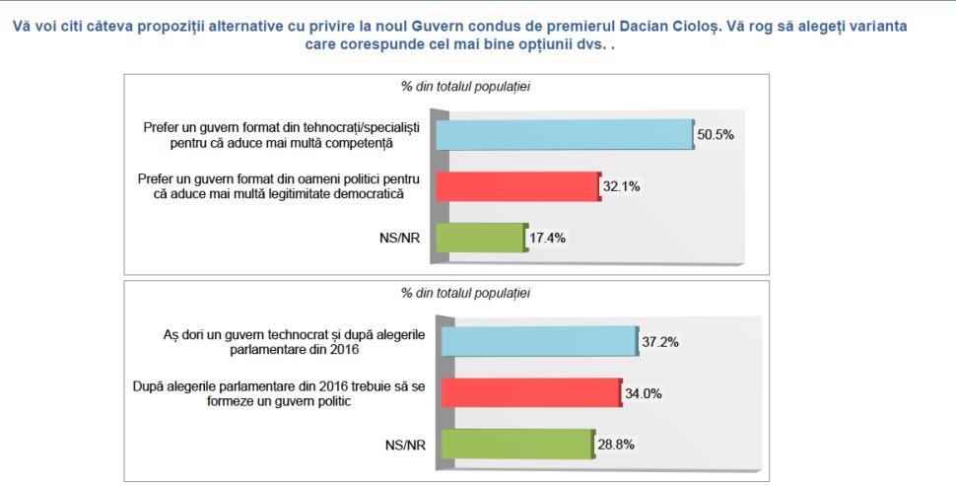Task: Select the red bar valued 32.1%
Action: (516, 185)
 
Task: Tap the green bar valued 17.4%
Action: (479, 238)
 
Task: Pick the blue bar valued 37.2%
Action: (538, 341)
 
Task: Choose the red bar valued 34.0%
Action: (530, 392)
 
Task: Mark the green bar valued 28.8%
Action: (517, 445)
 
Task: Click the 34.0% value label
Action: (645, 393)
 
